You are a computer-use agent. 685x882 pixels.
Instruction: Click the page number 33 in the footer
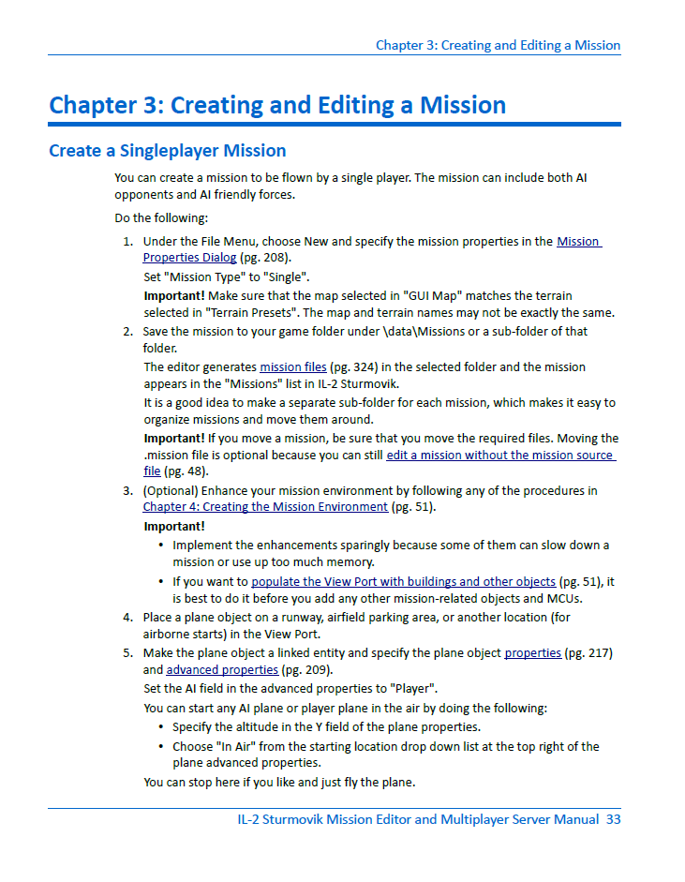pos(613,819)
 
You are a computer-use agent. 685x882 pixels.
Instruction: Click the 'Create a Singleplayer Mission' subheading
pos(167,150)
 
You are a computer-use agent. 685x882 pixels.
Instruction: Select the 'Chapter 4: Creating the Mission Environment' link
pos(265,506)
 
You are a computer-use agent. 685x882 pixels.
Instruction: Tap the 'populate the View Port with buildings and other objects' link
pos(403,581)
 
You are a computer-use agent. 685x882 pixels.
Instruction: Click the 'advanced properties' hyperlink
pos(222,669)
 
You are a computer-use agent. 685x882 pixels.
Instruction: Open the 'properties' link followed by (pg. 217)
pos(532,652)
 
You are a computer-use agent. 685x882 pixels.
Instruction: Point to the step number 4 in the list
pos(127,618)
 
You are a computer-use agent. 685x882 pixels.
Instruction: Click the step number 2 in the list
pos(127,331)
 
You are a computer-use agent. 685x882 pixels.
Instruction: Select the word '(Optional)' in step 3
pos(171,490)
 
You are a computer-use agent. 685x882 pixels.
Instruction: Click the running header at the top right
pos(498,45)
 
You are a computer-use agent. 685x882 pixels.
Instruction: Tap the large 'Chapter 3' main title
pos(277,104)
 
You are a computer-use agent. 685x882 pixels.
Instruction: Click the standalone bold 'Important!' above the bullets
pos(173,526)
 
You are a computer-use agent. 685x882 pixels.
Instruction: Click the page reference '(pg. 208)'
pos(264,257)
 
